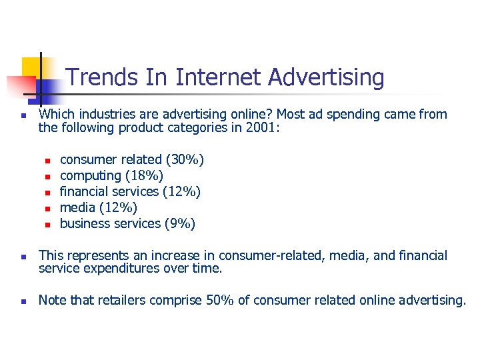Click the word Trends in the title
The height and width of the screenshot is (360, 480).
click(x=95, y=78)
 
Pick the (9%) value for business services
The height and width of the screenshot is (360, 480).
click(x=179, y=223)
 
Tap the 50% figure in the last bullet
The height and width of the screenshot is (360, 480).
click(x=219, y=301)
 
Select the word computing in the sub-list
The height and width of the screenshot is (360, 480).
click(x=87, y=175)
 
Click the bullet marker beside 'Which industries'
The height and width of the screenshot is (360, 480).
click(x=23, y=115)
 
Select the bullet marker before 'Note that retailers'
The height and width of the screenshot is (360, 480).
click(x=23, y=302)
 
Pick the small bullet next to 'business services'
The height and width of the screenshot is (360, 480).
click(x=48, y=225)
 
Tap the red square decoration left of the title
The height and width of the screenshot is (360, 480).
click(x=20, y=86)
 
